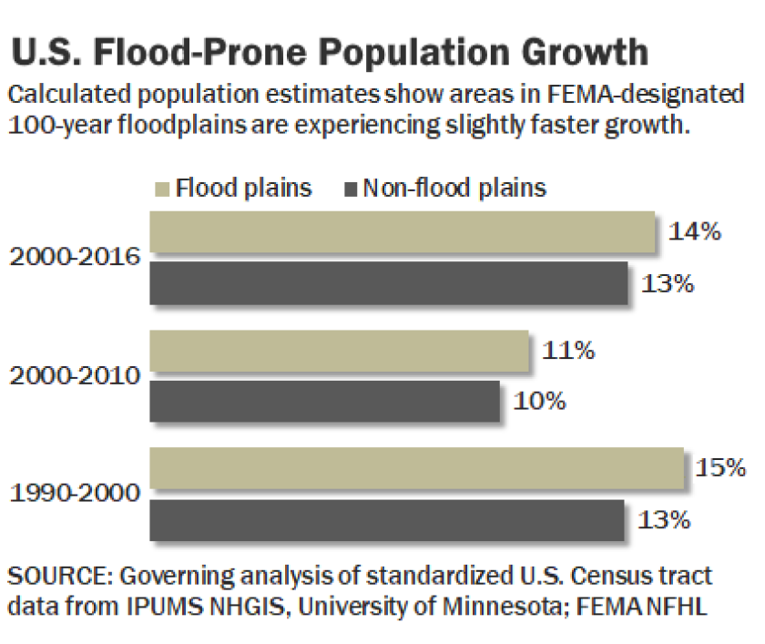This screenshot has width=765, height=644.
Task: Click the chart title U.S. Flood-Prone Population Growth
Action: (331, 52)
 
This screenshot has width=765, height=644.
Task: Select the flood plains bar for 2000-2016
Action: (402, 232)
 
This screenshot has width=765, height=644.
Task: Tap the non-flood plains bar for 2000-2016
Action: (388, 283)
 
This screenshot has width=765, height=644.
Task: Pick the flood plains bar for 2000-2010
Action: (339, 351)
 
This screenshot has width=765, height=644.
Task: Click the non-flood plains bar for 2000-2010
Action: (324, 401)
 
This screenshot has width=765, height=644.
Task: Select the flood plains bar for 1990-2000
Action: (416, 469)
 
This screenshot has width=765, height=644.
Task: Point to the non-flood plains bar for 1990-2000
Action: (386, 520)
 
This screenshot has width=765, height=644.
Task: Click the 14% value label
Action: (695, 231)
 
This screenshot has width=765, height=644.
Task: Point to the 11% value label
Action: (568, 351)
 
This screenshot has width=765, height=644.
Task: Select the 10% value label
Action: (540, 401)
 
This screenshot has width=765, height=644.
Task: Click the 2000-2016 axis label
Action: (75, 257)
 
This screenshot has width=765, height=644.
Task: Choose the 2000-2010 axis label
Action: (75, 375)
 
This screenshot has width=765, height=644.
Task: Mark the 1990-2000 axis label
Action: (75, 494)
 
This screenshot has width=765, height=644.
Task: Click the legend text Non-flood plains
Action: (454, 189)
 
